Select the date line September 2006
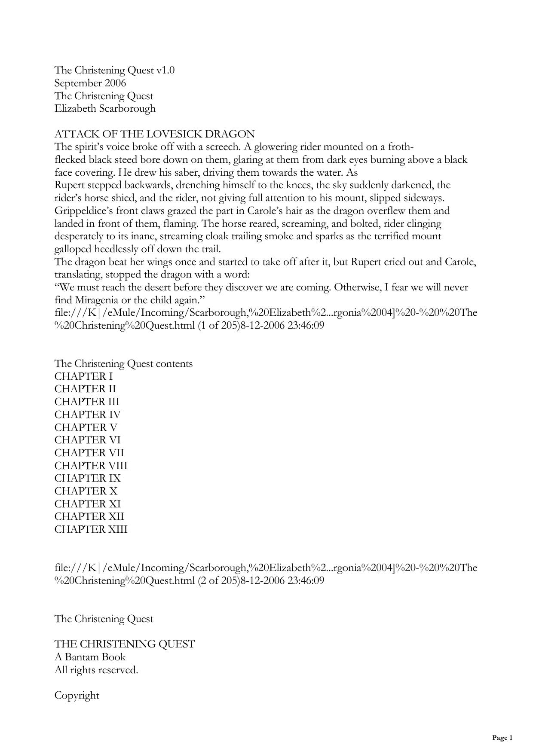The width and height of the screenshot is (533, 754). coord(90,83)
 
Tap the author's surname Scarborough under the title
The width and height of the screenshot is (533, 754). coord(127,108)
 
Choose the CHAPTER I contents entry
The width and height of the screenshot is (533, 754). coord(83,376)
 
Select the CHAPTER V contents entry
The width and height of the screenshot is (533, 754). coord(86,427)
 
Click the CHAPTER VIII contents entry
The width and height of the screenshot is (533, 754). coord(91,466)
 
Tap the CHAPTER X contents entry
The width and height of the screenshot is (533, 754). coord(86,491)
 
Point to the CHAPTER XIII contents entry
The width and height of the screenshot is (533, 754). coord(91,529)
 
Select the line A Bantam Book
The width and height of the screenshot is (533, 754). coord(90,657)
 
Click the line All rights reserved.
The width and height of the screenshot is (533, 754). coord(96,670)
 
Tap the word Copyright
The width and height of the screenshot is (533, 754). coord(77,695)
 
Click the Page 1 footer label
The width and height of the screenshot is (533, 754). coord(502,738)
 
